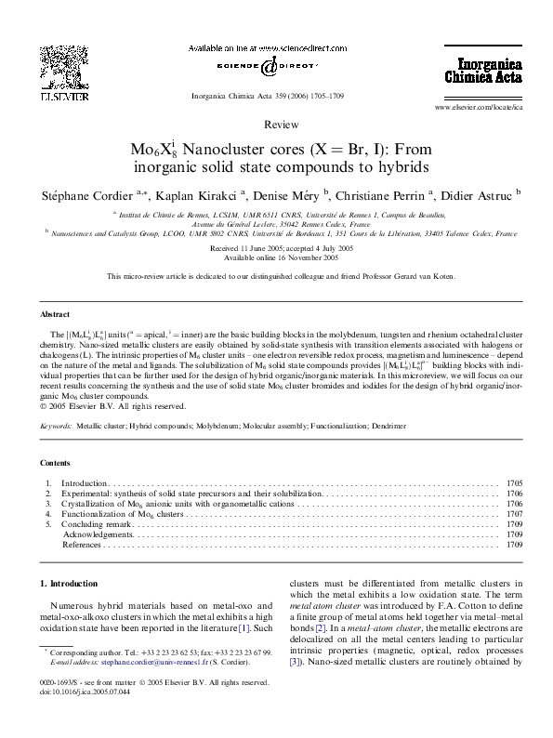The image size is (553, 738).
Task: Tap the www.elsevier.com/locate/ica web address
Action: point(478,109)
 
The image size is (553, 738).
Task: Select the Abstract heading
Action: point(55,315)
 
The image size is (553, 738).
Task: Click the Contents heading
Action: point(56,462)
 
